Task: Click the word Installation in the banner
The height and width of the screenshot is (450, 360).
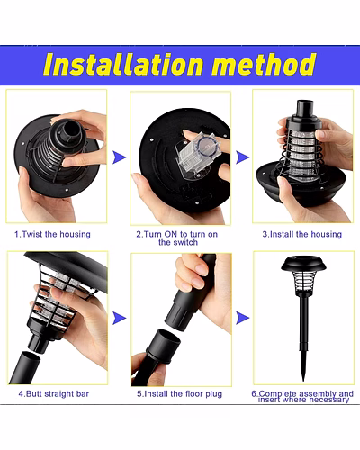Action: (x=123, y=64)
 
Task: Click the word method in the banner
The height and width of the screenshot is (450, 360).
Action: (x=264, y=64)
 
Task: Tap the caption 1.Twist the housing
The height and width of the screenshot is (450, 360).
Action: (x=52, y=234)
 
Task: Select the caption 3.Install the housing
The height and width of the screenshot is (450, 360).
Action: (x=302, y=234)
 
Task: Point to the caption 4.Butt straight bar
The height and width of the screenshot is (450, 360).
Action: (x=54, y=393)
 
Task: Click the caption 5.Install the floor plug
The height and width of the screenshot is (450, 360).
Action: (x=180, y=393)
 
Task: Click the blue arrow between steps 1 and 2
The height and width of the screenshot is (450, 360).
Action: (x=119, y=157)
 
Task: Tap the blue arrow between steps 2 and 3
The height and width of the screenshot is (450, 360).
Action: (x=242, y=157)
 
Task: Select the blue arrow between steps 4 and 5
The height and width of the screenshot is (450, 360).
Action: (x=119, y=318)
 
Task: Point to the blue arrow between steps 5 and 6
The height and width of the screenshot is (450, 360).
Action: (x=242, y=318)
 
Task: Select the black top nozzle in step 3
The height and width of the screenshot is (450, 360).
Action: (x=305, y=110)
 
